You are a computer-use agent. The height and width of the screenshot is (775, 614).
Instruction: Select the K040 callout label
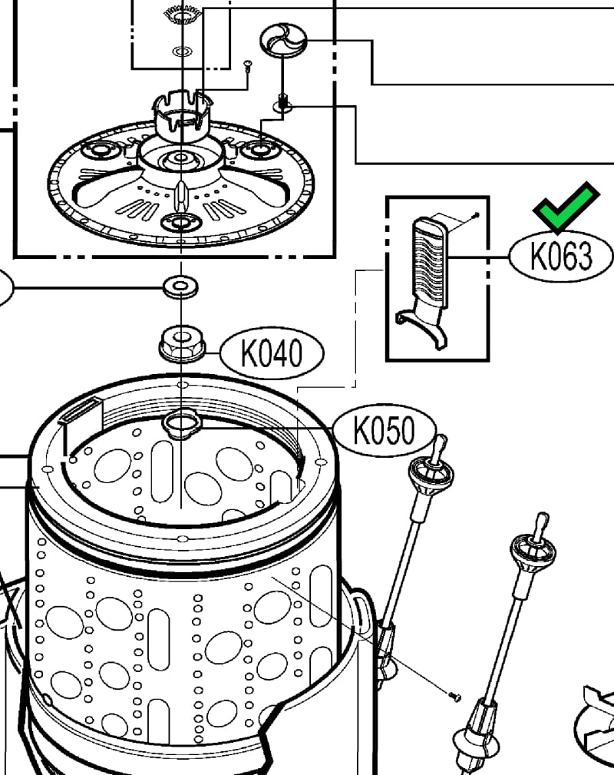point(272,354)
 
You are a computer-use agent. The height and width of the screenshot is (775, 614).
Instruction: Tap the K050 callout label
point(384,430)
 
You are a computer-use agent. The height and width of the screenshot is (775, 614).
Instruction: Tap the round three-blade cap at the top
point(283,40)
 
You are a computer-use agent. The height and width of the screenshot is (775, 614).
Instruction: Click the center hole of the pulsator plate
point(181,159)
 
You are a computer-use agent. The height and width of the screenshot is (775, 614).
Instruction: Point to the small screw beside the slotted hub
point(247,66)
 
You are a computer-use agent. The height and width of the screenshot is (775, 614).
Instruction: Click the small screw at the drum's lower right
point(454,696)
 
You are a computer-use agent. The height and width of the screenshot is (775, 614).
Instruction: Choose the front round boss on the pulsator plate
point(181,223)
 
